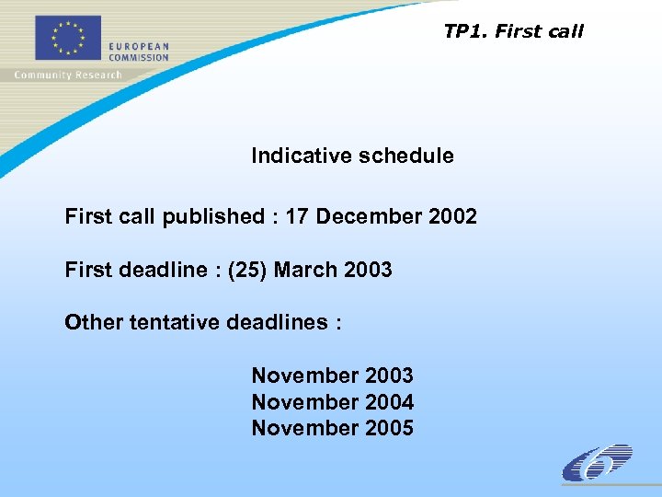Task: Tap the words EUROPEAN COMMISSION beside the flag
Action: pyautogui.click(x=139, y=52)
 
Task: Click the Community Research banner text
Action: pyautogui.click(x=68, y=75)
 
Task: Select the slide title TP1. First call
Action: pyautogui.click(x=513, y=31)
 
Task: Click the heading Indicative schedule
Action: pyautogui.click(x=352, y=156)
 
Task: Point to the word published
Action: pyautogui.click(x=213, y=217)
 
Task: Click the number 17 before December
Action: pyautogui.click(x=297, y=217)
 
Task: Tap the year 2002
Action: pyautogui.click(x=452, y=217)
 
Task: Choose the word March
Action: pyautogui.click(x=306, y=271)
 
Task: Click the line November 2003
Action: pyautogui.click(x=332, y=376)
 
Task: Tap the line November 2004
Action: pyautogui.click(x=332, y=402)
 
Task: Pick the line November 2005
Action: pyautogui.click(x=332, y=428)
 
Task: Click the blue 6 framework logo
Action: pyautogui.click(x=597, y=463)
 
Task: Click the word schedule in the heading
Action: pyautogui.click(x=406, y=156)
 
